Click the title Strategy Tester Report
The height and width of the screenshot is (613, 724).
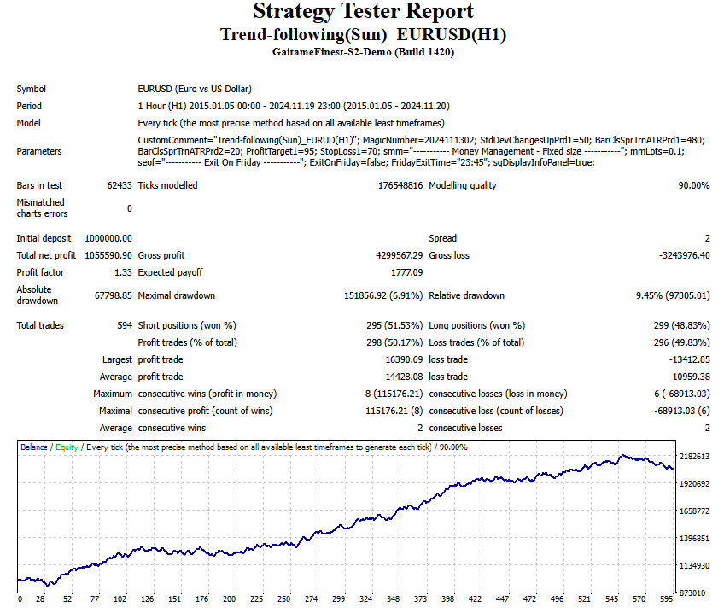point(362,12)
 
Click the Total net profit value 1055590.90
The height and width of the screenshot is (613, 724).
point(104,255)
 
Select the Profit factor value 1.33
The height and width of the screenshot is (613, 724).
point(123,272)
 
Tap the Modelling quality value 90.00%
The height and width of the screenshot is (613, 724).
point(693,185)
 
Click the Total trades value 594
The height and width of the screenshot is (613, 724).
point(124,325)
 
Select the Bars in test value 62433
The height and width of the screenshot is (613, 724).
point(119,185)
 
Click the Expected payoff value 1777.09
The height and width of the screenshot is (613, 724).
point(406,272)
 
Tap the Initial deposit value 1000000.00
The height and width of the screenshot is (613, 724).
point(104,238)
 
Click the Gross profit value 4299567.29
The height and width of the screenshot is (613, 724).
point(393,255)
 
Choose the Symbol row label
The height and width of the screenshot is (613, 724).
point(32,89)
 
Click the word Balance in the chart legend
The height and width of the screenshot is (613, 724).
point(34,447)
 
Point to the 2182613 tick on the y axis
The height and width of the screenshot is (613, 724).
point(693,457)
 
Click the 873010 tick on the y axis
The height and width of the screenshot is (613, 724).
point(693,593)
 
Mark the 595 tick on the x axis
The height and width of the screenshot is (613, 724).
point(667,599)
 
